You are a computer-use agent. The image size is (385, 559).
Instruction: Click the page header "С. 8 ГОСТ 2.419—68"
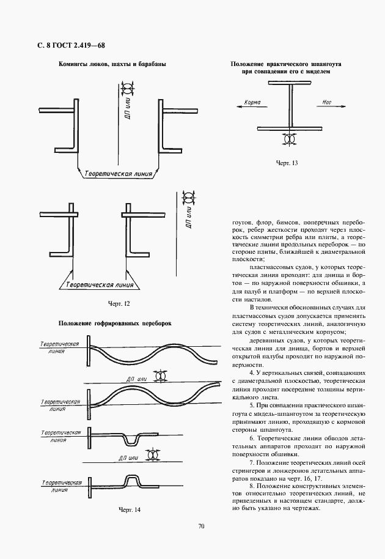[x=71, y=45]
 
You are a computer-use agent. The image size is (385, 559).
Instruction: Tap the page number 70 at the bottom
[x=201, y=526]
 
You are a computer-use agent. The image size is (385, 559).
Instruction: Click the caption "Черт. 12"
[x=119, y=304]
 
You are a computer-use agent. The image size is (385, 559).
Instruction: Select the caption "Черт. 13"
[x=287, y=163]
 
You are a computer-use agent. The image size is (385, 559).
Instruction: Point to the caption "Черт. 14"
[x=130, y=509]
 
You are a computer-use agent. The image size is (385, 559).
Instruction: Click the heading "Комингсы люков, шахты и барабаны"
[x=112, y=64]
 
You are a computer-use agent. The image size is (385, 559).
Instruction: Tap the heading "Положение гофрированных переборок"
[x=115, y=324]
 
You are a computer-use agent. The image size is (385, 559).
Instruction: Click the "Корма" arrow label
[x=252, y=102]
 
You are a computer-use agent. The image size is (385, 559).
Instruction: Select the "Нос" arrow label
[x=326, y=102]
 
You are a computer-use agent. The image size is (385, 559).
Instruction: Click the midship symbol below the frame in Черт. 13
[x=289, y=138]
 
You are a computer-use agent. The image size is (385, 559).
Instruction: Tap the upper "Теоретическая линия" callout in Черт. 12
[x=118, y=174]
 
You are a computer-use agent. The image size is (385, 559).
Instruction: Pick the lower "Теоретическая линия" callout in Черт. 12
[x=100, y=284]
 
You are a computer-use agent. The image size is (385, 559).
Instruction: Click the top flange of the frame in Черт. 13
[x=290, y=83]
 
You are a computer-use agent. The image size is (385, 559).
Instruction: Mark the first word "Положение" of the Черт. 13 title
[x=247, y=64]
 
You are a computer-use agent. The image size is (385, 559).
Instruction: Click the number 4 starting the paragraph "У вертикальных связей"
[x=251, y=373]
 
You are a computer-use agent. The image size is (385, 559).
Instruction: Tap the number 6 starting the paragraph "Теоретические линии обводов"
[x=251, y=438]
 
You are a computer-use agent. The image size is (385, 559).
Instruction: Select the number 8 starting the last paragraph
[x=251, y=486]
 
